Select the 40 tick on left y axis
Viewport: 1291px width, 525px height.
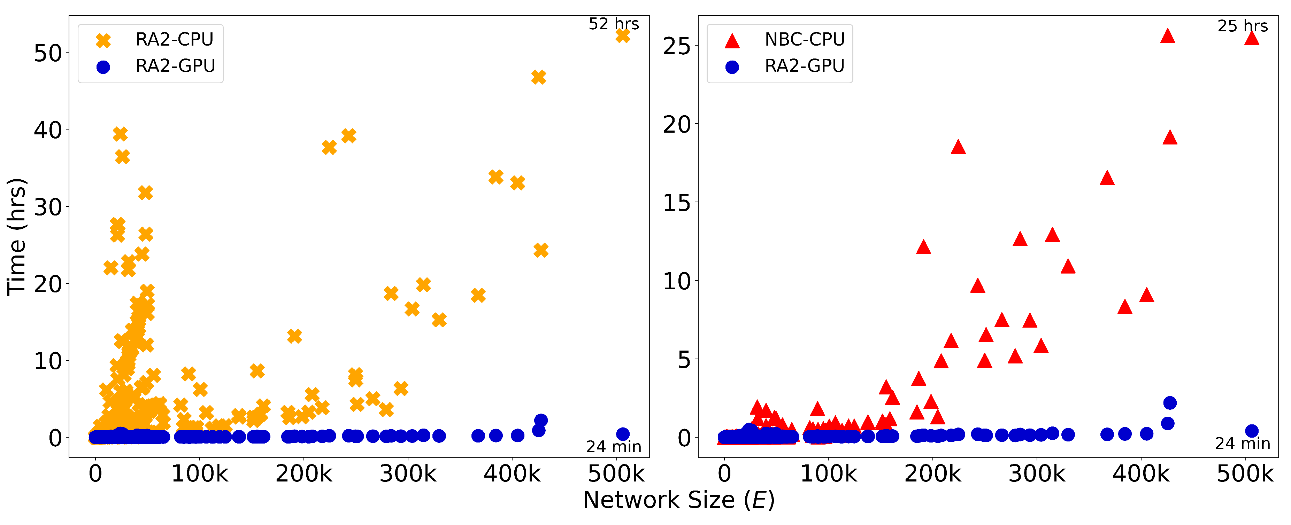coord(48,130)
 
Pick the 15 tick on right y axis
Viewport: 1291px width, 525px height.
coord(677,203)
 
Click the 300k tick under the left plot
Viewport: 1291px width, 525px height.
coord(408,474)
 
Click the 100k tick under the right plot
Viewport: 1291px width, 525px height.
coord(828,474)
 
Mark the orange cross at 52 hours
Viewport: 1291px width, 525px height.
coord(622,36)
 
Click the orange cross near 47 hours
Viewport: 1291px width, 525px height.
coord(538,77)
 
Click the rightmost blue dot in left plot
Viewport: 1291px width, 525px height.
coord(622,434)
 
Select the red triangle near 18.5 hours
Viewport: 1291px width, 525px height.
coord(958,147)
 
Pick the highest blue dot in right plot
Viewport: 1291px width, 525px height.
coord(1169,403)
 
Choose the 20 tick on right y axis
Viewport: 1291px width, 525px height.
coord(677,124)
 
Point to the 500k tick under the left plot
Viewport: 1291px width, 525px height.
coord(616,474)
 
